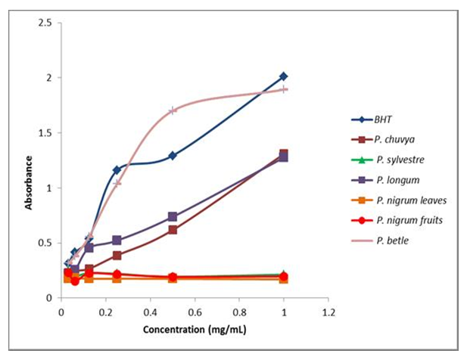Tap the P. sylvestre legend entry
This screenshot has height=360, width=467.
tap(392, 160)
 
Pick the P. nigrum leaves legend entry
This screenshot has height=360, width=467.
tap(399, 200)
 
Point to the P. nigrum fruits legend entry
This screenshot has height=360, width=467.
tap(398, 221)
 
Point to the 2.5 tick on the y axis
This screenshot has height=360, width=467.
tap(45, 23)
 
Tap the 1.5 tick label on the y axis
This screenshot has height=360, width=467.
tap(45, 133)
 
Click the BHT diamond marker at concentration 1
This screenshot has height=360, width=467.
tap(284, 76)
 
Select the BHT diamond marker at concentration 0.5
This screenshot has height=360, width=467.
tap(173, 156)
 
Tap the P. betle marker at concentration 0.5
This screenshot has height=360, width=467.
tap(173, 110)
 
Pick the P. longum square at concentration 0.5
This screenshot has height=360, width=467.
tap(173, 217)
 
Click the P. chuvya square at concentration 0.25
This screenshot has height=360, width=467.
tap(117, 256)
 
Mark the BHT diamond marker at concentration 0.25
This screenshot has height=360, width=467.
tap(117, 170)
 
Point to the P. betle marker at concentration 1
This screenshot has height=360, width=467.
tap(284, 89)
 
